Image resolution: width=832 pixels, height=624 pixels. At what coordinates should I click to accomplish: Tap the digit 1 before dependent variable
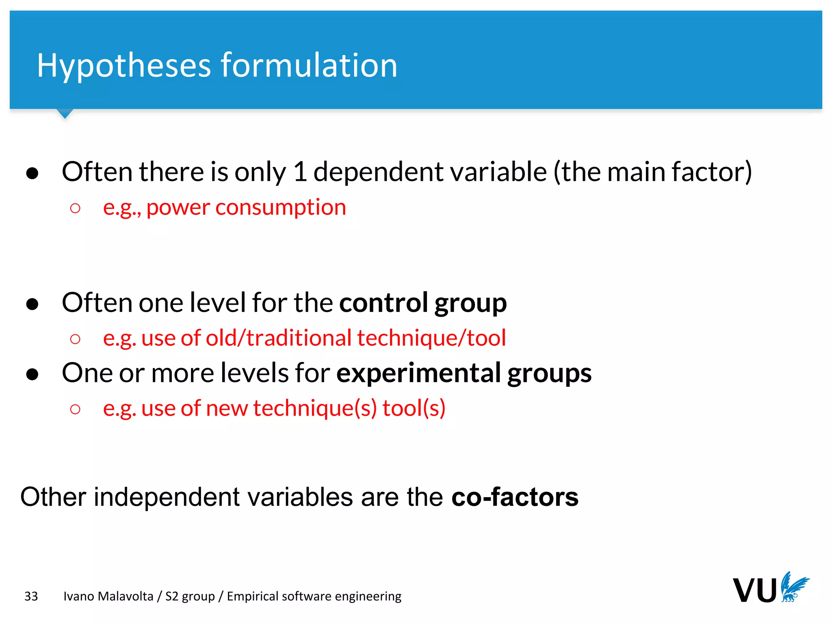299,171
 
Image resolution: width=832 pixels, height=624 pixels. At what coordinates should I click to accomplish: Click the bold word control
383,302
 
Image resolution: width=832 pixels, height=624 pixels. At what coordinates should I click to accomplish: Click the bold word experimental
418,373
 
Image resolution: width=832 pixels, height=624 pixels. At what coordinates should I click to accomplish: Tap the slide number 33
31,596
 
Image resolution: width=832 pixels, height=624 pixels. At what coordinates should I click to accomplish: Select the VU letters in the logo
754,590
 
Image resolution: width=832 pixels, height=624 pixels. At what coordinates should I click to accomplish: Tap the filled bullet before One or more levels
32,374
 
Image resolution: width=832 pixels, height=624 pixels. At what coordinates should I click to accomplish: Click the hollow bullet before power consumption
75,208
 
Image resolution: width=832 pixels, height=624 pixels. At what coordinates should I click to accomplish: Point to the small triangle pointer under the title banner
65,113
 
